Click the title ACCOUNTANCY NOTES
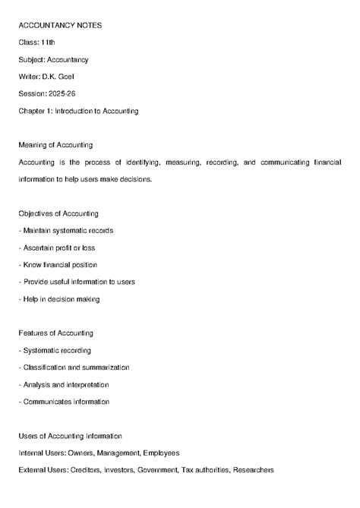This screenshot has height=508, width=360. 60,25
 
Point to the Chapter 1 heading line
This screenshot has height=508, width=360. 78,111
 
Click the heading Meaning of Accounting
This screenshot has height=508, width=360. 58,145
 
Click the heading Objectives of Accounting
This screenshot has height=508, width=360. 58,213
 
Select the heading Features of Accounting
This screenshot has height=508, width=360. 55,333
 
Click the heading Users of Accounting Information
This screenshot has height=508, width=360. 70,436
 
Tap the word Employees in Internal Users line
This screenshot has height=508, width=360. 161,453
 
